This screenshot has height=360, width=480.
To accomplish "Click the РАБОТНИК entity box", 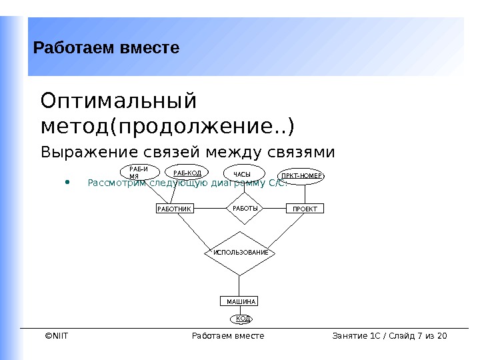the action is (x=174, y=209).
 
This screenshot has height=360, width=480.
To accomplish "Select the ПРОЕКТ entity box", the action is (x=305, y=209).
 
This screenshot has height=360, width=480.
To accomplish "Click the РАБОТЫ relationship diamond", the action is (x=245, y=208).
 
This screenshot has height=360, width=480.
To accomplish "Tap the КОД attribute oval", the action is (x=243, y=319).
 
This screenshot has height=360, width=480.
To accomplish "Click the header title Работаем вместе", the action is (x=107, y=48).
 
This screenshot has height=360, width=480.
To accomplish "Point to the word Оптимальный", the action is (x=119, y=102).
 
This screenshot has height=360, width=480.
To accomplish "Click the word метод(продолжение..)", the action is (x=167, y=125).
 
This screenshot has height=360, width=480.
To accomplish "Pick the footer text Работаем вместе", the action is (x=227, y=335).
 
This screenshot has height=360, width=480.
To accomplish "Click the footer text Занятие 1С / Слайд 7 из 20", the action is (x=389, y=335).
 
